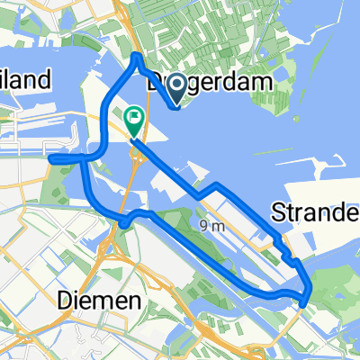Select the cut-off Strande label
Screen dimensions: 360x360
coord(316,213)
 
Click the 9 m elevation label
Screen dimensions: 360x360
coord(211,228)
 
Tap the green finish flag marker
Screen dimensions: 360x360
coord(134,116)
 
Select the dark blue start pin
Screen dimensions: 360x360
coord(176,86)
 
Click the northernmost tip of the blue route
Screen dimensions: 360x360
coord(135,56)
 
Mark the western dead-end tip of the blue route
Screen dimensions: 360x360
coord(52,160)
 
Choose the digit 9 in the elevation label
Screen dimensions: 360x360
coord(204,228)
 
